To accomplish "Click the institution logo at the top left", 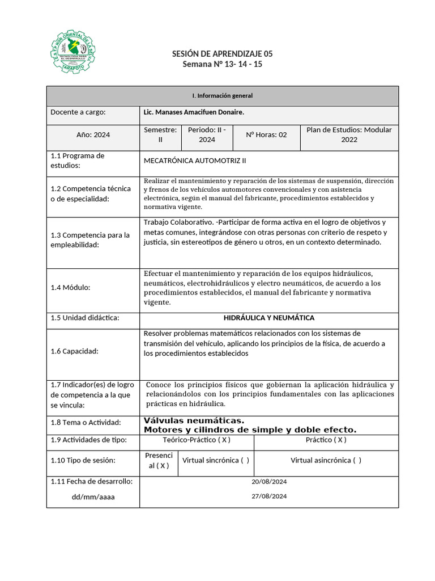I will coord(72,52).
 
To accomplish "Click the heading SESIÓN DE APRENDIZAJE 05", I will coord(222,54).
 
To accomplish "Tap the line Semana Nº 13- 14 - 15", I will coord(222,64).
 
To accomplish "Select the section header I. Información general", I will coord(222,96).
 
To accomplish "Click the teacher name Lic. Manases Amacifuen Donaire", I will coord(194,112).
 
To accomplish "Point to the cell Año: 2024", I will coord(93,135).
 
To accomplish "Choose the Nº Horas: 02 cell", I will coord(266,135).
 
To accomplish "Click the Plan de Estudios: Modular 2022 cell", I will coord(349,134).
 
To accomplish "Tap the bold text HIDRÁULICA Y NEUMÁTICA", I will coord(269,318).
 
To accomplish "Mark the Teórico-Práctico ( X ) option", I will coord(197,440).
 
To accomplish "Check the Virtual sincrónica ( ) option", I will coord(216,460).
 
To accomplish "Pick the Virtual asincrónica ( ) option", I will coord(326,460).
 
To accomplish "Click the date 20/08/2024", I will coord(269,482).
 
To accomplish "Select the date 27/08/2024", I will coord(269,496).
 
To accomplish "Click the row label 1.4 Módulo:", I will coord(70,287).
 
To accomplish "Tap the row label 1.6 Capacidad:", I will coord(74,351).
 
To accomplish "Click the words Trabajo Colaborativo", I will coord(178,222).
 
